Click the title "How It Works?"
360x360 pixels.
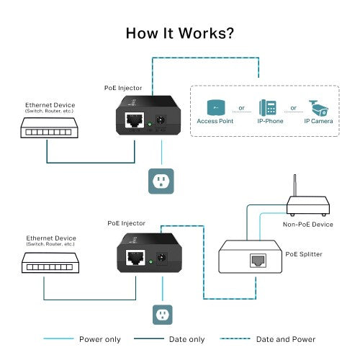click(179, 33)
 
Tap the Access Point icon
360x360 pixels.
click(215, 107)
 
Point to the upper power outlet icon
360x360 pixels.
click(161, 181)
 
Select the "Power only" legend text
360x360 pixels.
click(101, 339)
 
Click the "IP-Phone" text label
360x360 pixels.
click(269, 122)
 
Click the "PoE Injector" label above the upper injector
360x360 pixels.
click(124, 88)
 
